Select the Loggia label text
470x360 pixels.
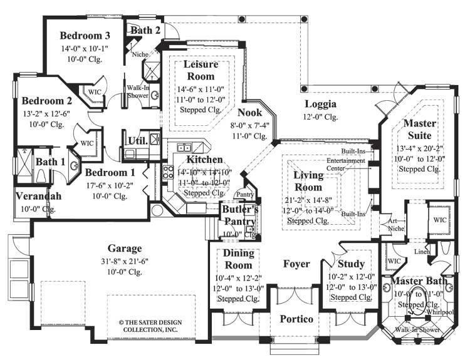click(x=320, y=104)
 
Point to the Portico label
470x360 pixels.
click(x=296, y=319)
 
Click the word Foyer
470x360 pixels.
click(x=296, y=264)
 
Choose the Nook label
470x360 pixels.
click(x=249, y=113)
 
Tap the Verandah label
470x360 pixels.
click(x=38, y=197)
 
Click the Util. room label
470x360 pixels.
click(x=138, y=140)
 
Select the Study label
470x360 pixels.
click(x=351, y=264)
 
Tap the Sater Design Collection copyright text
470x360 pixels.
click(x=148, y=326)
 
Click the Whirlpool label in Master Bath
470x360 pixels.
click(x=439, y=311)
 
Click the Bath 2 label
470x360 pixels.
click(x=145, y=29)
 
